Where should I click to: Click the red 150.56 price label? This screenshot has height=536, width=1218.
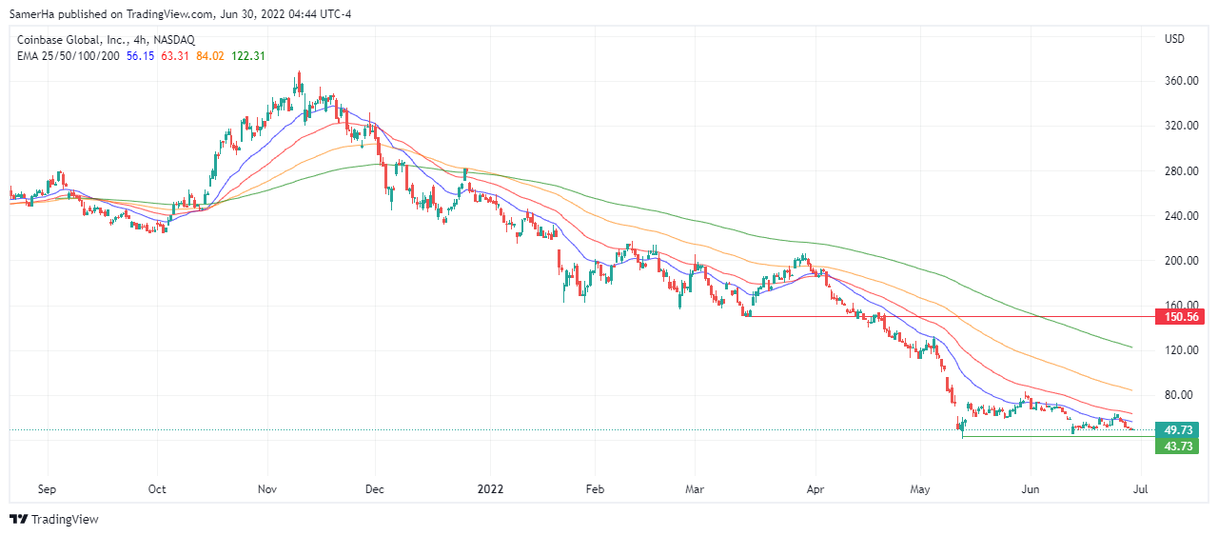[x=1178, y=316]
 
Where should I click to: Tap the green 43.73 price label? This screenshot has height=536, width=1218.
[x=1178, y=447]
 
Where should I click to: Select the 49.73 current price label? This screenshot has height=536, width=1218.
[x=1178, y=430]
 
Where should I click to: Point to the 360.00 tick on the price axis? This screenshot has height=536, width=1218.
[x=1181, y=81]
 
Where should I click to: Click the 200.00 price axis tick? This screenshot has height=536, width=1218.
[x=1181, y=261]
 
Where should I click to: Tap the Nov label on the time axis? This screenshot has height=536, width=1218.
[x=266, y=489]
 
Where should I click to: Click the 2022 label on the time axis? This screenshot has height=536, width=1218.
[x=491, y=489]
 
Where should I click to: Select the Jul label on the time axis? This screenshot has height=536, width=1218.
[x=1141, y=489]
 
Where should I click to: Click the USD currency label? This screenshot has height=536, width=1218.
[x=1174, y=39]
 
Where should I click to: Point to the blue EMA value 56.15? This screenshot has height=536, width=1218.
[x=140, y=56]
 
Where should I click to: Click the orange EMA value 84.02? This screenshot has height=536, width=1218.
[x=209, y=56]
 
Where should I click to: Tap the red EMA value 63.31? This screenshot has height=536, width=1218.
[x=174, y=56]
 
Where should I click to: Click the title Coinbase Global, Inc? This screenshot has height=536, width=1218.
[x=72, y=40]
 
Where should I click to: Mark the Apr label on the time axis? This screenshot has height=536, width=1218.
[x=815, y=489]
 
